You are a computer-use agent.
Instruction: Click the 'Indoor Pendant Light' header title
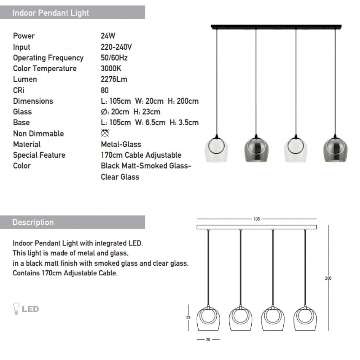50,13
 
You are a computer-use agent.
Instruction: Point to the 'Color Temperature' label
45,68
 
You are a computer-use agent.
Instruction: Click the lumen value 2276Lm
114,79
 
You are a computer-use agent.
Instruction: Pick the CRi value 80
105,90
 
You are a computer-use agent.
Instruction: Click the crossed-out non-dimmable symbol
105,133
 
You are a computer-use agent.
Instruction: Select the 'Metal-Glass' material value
121,144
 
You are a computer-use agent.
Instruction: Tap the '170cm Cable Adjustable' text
141,155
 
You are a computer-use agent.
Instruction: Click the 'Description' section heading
33,222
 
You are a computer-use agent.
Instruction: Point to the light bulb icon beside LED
16,309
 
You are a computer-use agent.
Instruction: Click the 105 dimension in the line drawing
257,219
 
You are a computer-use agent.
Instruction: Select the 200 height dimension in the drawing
328,278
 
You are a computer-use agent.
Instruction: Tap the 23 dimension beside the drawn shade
188,318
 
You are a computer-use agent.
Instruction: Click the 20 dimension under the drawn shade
208,339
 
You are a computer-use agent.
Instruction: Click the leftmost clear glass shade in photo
216,149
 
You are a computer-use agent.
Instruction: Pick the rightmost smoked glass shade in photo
335,149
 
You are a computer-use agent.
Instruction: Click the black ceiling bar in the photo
276,27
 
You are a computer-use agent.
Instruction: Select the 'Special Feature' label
39,155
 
